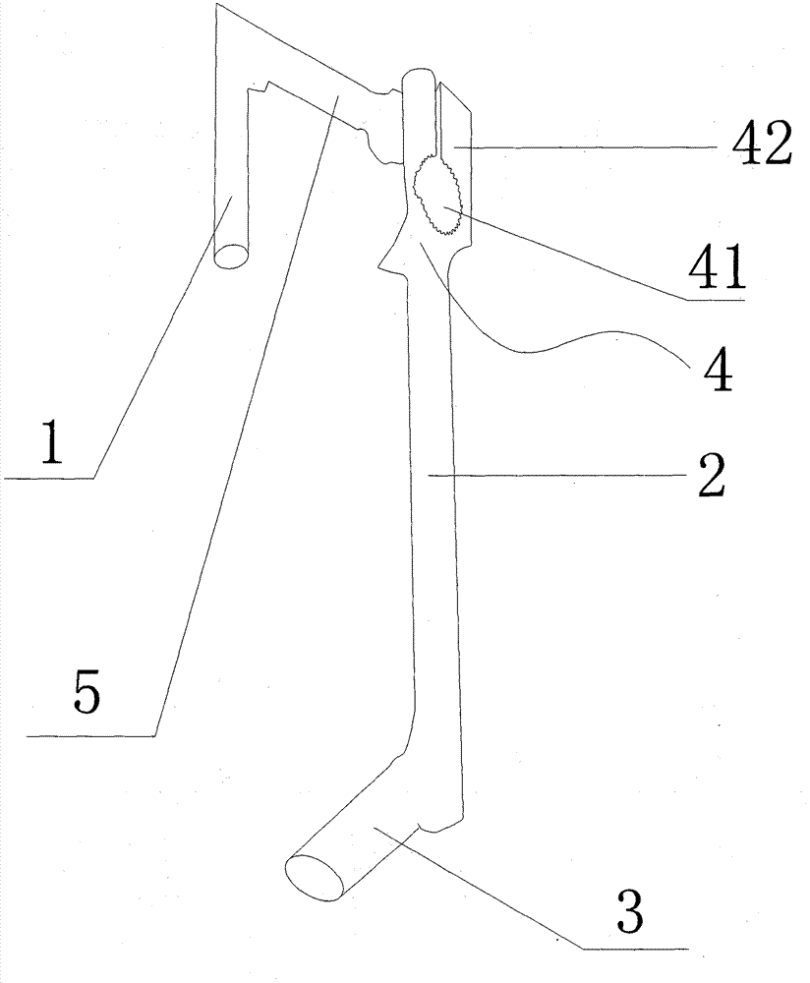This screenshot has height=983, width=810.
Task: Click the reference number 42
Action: tap(762, 143)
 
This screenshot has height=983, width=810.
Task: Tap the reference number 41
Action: tap(718, 266)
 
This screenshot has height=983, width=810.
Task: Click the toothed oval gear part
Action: tap(438, 194)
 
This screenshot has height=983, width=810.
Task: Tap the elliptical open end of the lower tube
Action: tap(315, 877)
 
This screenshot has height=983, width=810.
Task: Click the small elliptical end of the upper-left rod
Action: tap(231, 256)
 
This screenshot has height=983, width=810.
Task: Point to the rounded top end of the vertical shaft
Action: tap(419, 79)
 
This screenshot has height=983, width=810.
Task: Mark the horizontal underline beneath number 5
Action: tap(90, 736)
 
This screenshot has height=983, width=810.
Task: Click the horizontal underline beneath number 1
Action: tap(49, 479)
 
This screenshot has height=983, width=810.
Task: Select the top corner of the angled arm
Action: tap(215, 4)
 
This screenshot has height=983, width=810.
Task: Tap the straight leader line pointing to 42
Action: tap(585, 146)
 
